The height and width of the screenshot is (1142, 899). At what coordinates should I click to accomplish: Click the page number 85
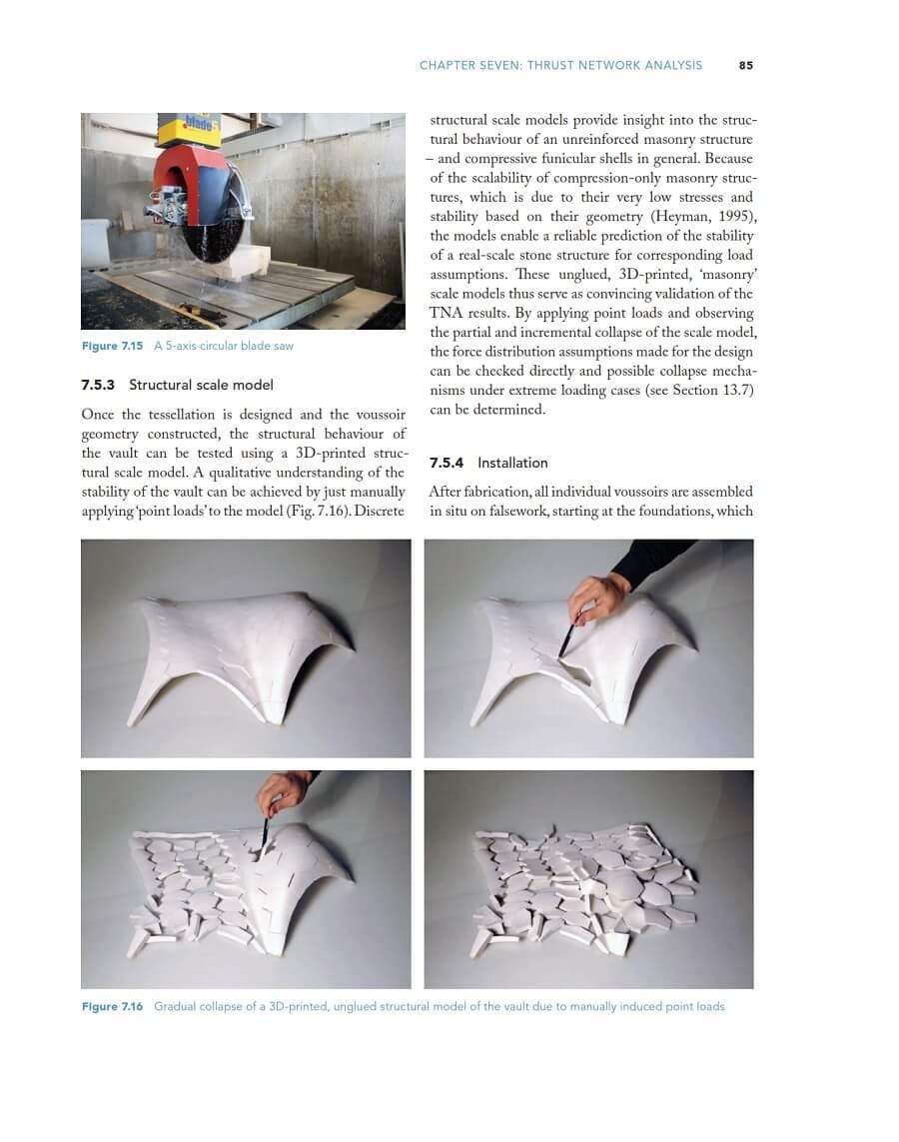(745, 65)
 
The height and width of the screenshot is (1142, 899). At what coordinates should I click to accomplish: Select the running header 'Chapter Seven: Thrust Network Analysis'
(560, 65)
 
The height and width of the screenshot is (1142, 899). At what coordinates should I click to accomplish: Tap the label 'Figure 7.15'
(112, 346)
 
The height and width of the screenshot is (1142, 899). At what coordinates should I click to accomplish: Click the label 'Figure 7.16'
(112, 1006)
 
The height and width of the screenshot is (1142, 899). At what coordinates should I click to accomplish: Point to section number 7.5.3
(98, 385)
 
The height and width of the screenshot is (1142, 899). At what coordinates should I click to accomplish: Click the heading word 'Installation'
(512, 463)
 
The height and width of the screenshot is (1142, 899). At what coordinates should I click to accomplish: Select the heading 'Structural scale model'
(201, 385)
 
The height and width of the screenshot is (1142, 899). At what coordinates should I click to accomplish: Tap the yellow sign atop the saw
(189, 129)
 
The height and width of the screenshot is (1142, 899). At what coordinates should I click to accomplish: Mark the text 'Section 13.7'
(713, 390)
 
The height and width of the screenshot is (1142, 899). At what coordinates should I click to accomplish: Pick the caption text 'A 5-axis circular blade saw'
(224, 346)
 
